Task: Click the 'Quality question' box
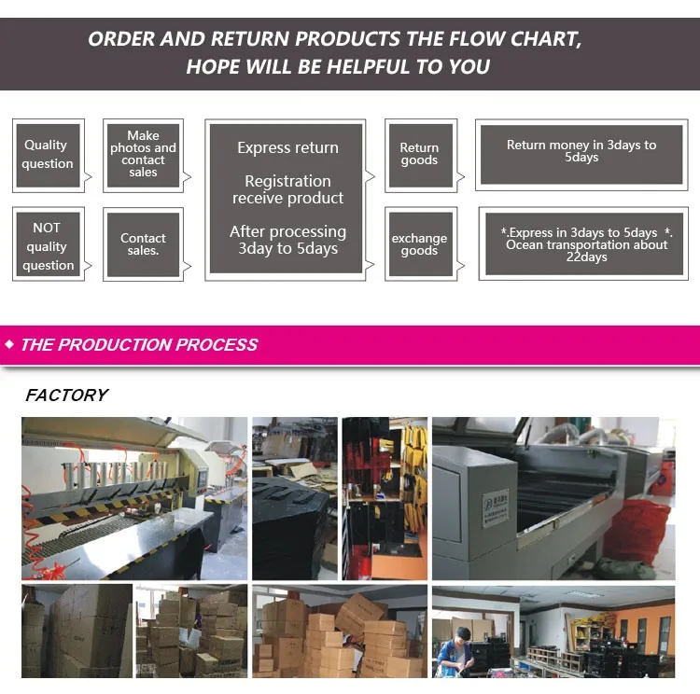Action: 48,155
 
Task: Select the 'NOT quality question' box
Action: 48,246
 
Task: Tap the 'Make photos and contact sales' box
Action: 143,155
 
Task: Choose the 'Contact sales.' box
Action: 143,244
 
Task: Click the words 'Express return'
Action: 287,147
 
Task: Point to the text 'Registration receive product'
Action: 287,189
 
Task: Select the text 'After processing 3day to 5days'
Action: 287,240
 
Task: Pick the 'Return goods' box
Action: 419,154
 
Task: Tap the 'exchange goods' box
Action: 419,244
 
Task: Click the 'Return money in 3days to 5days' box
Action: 581,152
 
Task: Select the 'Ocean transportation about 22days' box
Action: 586,244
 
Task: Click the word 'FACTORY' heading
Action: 66,396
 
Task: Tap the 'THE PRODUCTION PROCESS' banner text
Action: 139,344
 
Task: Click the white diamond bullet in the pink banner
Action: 10,345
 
